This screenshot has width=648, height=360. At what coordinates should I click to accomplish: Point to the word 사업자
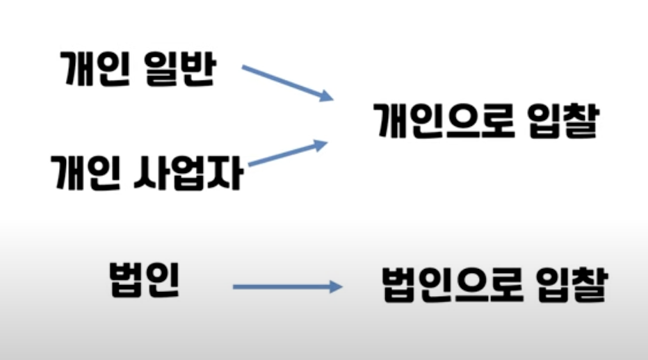187,172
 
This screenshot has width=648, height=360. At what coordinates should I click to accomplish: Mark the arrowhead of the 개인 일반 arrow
326,96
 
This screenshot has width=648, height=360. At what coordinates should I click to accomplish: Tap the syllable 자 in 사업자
226,172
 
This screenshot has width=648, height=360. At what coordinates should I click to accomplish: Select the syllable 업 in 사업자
187,172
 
